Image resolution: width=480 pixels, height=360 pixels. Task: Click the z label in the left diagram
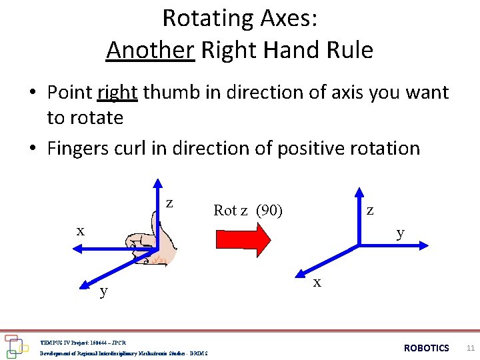click(170, 202)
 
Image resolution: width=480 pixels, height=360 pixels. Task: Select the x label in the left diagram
click(80, 231)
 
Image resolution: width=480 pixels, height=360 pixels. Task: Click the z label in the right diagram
click(370, 209)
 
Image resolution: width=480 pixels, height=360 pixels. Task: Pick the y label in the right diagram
click(400, 233)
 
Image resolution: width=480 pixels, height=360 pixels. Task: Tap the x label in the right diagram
click(317, 282)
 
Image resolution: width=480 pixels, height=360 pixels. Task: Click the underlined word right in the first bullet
click(117, 92)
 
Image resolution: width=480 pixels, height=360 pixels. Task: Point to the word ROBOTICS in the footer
click(427, 348)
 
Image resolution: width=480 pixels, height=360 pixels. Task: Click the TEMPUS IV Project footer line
click(83, 341)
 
